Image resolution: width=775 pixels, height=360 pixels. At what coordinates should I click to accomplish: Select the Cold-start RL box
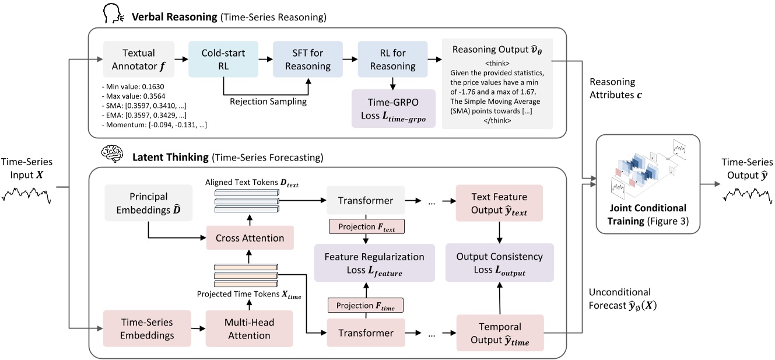223,60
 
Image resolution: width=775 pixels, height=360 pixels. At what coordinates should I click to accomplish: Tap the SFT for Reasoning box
309,60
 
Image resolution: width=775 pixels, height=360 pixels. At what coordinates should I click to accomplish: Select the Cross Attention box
250,238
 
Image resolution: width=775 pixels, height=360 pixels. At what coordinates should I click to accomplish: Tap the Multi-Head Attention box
250,329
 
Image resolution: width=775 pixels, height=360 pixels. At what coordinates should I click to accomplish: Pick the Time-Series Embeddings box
147,329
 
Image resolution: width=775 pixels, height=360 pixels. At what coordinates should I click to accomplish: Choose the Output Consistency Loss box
499,263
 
